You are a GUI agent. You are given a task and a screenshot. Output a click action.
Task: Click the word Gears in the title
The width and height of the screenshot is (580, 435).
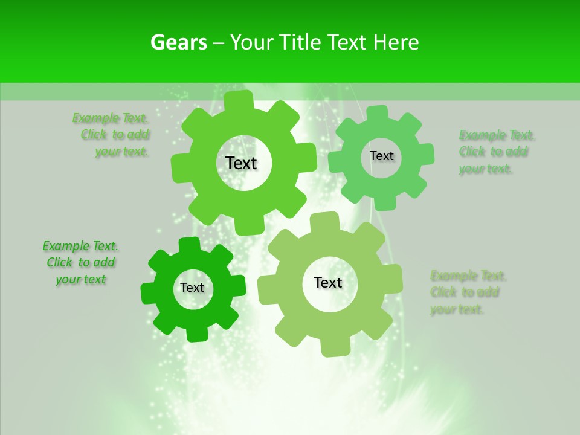coord(178,42)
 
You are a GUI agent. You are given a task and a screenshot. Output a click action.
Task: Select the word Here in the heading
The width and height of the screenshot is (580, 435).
coord(396,42)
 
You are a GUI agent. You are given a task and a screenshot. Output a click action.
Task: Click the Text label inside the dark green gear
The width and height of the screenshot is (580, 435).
coord(192,288)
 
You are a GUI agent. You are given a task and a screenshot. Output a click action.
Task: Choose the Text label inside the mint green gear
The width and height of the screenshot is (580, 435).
coord(381,156)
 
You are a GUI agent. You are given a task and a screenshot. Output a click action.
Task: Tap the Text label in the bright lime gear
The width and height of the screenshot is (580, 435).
coord(241,163)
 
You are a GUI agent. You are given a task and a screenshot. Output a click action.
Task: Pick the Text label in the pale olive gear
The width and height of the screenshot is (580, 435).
coord(328,282)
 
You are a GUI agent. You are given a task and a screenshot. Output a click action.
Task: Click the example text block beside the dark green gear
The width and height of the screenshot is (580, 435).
coord(80,263)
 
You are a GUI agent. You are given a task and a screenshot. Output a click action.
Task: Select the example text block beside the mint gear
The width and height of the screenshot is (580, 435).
coord(497,152)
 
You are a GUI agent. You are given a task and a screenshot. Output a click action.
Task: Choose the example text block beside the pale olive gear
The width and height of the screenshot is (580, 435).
coord(468,292)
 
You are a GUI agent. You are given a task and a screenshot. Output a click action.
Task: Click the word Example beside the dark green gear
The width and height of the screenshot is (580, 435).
coord(66,246)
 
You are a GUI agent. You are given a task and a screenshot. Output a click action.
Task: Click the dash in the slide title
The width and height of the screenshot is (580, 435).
coord(219,43)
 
